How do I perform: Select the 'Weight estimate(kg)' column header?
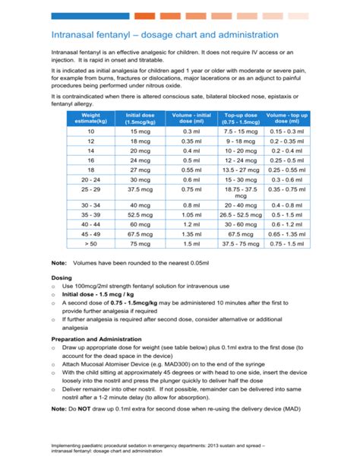(x=90, y=118)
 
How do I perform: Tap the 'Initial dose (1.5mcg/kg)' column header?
(x=140, y=118)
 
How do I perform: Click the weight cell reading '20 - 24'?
(x=90, y=179)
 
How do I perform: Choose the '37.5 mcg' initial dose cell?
(x=140, y=189)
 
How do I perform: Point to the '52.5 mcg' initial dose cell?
(x=140, y=215)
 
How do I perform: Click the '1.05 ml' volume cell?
(x=190, y=215)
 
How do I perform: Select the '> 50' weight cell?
(x=90, y=245)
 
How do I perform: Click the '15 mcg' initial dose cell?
(x=140, y=131)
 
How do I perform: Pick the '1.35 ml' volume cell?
(x=190, y=235)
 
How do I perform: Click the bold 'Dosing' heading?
(x=62, y=278)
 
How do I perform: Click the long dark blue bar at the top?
(x=90, y=15)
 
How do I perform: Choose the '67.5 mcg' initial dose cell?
(x=140, y=235)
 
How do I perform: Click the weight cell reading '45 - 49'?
(x=90, y=235)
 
